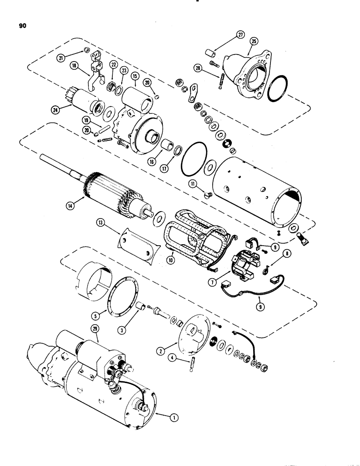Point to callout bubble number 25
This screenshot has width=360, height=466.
(x=254, y=42)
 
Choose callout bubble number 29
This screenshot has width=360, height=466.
(x=97, y=329)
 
